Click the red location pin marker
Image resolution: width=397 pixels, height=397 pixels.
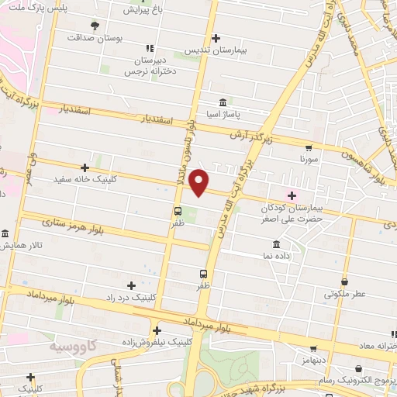point(200,183)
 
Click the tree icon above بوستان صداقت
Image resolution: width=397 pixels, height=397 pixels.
point(95,24)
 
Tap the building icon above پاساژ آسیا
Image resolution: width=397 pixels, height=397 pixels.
point(223,102)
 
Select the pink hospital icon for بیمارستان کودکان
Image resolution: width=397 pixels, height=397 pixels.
point(292,195)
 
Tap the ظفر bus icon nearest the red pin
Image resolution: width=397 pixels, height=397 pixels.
point(178,210)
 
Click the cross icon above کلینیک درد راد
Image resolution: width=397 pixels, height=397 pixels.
point(131,285)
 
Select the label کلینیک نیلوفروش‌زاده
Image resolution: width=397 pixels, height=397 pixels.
point(154,341)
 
